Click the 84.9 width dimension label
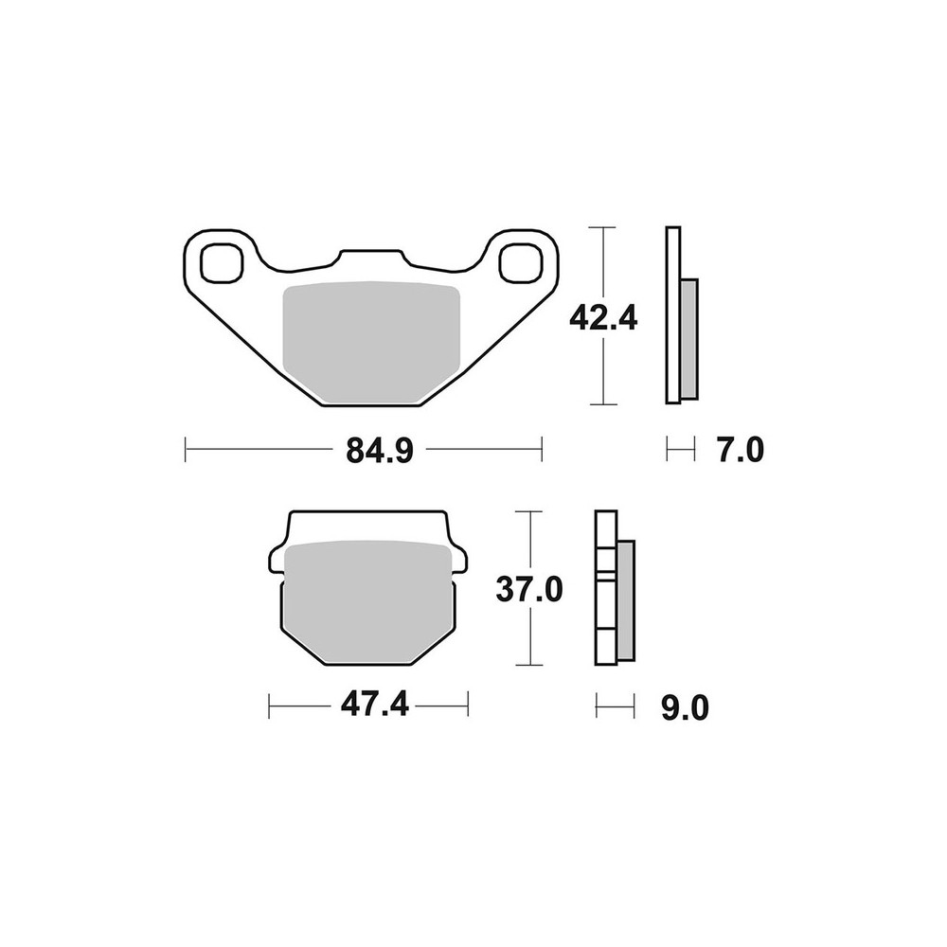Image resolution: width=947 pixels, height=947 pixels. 380,451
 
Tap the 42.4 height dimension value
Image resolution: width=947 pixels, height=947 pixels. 603,318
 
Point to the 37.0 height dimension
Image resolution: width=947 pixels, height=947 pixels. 529,589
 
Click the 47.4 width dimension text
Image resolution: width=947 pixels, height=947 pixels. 374,705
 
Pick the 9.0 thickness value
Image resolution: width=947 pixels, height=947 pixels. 685,708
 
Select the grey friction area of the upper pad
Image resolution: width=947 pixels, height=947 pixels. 371,343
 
